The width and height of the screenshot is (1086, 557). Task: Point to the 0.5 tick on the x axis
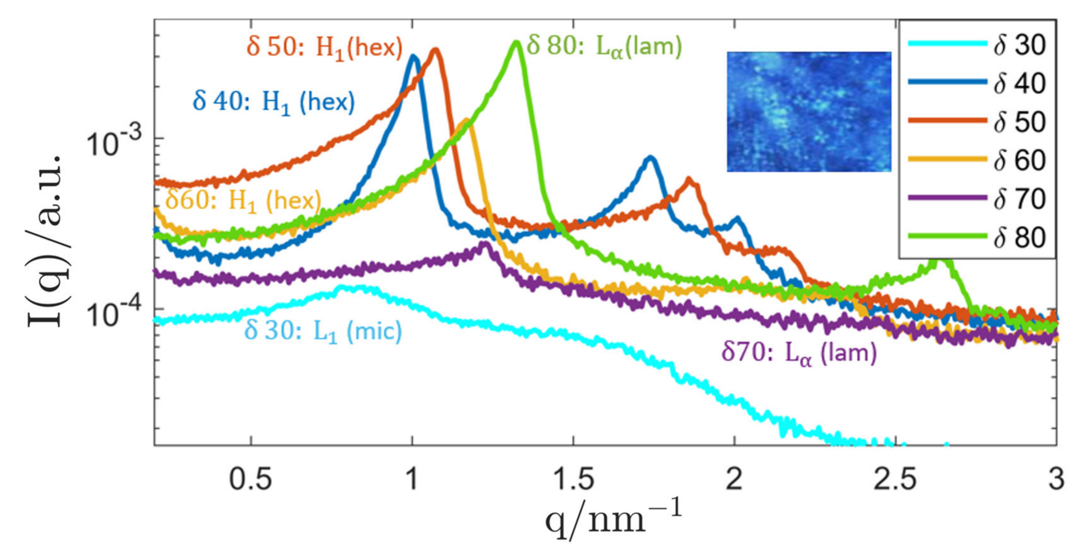point(251,480)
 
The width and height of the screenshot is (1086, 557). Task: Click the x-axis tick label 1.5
point(573,480)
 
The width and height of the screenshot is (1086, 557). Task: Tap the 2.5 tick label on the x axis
point(895,480)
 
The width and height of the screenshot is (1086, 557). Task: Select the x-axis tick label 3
point(1056,480)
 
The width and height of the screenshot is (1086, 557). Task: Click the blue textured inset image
point(808,111)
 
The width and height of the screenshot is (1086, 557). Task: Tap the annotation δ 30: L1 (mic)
point(323,332)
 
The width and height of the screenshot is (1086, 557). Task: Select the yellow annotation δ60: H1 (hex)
point(243,201)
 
